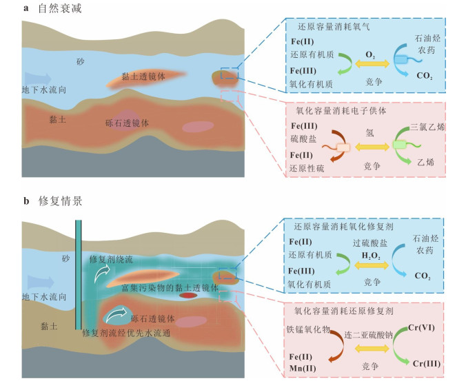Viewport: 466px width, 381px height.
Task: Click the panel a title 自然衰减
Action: point(60,8)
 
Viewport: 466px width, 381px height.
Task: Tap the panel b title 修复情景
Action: point(60,201)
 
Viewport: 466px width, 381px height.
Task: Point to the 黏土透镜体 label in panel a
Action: point(143,76)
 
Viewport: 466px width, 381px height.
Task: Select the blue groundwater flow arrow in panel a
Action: point(38,79)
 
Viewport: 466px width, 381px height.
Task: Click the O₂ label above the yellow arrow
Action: point(370,55)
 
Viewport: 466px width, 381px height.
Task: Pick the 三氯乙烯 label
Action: point(427,127)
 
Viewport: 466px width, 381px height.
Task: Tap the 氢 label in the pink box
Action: point(369,133)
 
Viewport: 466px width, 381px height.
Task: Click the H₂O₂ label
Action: point(371,256)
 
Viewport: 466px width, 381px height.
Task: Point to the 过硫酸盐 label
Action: point(370,243)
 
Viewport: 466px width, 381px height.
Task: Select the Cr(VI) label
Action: point(421,327)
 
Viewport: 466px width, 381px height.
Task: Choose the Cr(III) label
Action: point(426,364)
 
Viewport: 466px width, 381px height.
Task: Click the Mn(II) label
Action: point(303,368)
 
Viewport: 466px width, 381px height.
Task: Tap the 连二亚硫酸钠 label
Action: point(369,336)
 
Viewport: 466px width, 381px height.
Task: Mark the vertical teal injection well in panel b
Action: point(78,275)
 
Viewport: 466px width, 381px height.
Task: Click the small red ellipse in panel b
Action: point(188,295)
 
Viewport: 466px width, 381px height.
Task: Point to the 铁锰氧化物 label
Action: point(309,329)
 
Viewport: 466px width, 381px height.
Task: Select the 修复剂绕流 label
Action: point(111,260)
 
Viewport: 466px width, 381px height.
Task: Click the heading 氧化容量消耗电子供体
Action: point(341,111)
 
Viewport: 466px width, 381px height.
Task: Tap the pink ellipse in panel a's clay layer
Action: point(198,127)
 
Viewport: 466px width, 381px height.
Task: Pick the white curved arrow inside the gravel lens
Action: point(116,315)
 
